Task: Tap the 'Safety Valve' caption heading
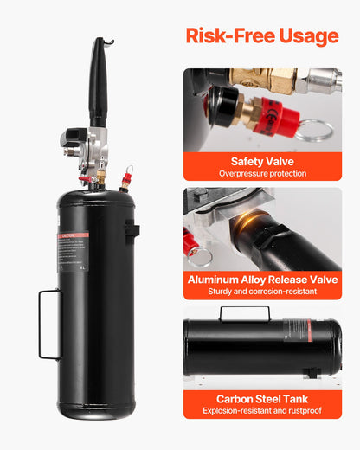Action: coord(261,161)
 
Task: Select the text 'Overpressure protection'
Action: coord(261,174)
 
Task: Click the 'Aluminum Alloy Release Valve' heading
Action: coord(261,280)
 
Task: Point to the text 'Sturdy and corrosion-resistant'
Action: coord(261,292)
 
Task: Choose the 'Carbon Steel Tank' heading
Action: coord(261,399)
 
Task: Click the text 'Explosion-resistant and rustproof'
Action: coord(261,412)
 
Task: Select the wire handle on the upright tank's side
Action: coord(48,324)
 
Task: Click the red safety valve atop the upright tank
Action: coord(127,180)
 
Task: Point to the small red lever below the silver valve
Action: coord(86,180)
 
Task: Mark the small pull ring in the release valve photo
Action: coord(200,256)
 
